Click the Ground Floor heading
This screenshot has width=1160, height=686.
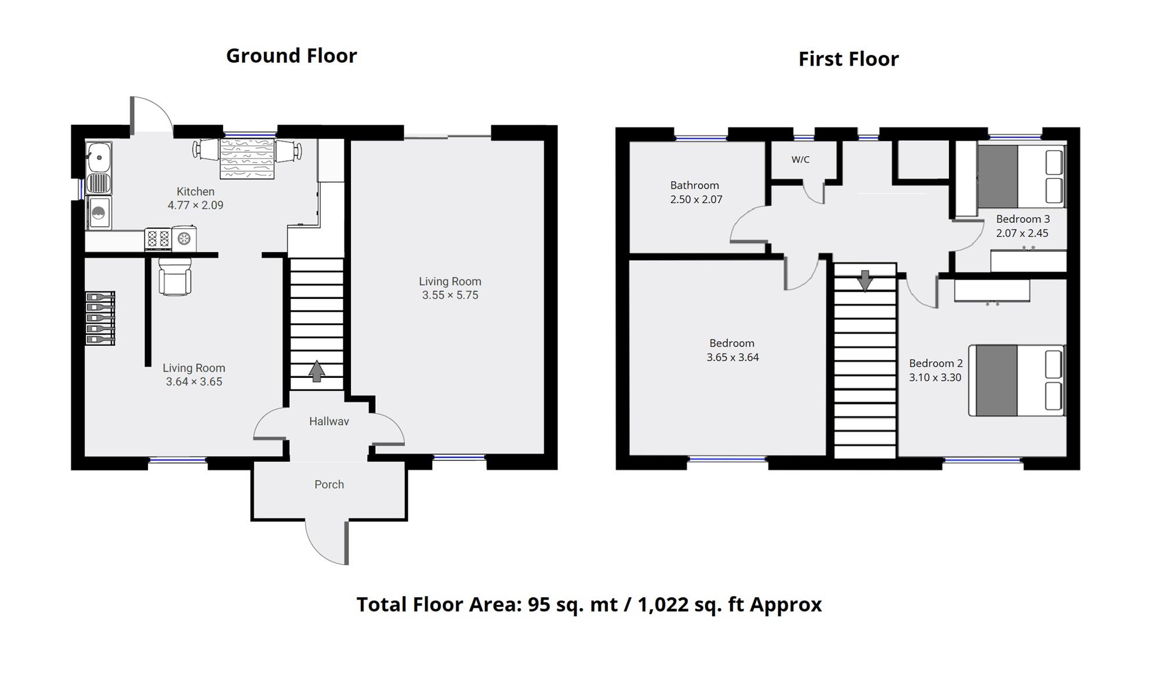(291, 56)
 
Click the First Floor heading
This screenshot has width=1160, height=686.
(849, 59)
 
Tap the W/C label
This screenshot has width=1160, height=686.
(800, 160)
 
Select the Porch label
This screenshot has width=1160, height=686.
(329, 484)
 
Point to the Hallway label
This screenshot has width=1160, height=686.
(329, 421)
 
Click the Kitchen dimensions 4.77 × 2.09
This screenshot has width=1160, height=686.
(195, 205)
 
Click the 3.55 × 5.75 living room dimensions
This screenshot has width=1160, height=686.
(450, 295)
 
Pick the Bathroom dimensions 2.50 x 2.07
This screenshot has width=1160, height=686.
(696, 199)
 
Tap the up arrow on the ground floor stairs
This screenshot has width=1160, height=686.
(317, 371)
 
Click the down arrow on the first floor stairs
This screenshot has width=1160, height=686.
(865, 281)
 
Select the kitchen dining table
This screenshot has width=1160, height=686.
(246, 158)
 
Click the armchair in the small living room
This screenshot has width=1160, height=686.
(175, 276)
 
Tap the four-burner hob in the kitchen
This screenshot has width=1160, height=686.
(158, 239)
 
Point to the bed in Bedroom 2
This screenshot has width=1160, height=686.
(1017, 381)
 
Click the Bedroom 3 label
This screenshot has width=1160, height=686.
(1023, 219)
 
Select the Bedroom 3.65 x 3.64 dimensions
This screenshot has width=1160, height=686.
(733, 357)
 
